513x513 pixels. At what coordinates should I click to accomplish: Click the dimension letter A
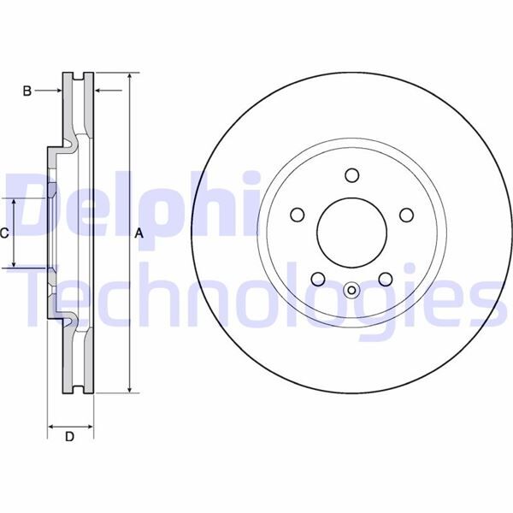tap(138, 233)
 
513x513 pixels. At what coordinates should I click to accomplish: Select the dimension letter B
tap(27, 91)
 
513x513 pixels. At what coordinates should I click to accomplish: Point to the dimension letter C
tap(5, 233)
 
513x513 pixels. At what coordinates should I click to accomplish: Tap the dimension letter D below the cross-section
tap(70, 438)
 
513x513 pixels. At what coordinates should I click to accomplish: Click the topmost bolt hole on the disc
tap(351, 175)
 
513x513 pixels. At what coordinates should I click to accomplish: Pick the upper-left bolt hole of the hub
tap(297, 215)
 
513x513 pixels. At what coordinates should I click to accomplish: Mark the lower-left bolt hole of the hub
tap(317, 279)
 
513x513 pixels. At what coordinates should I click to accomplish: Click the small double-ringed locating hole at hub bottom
tap(351, 290)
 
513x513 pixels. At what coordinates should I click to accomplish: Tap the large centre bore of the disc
tap(351, 233)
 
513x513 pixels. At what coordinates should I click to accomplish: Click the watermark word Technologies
tap(256, 295)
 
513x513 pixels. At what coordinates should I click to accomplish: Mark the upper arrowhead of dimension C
tap(15, 202)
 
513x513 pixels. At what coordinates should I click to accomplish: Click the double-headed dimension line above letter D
tap(69, 424)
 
